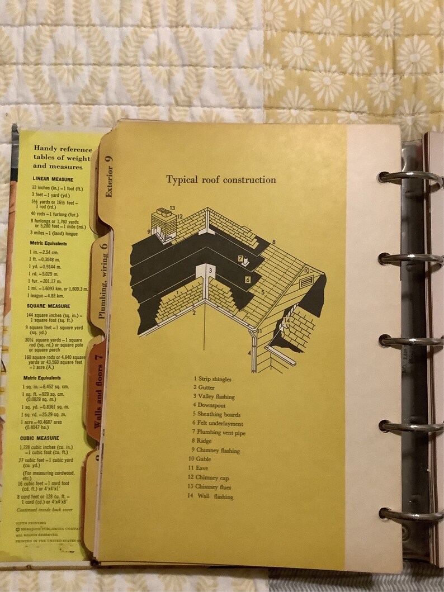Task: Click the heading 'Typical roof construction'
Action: coord(221,180)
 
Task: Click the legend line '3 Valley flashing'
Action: coord(214,397)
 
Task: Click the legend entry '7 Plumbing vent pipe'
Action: coord(219,433)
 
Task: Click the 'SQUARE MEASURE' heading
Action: coord(48,306)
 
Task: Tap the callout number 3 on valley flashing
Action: coord(210,271)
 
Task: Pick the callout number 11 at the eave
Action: coord(259,332)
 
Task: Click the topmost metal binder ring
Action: coord(410,177)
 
